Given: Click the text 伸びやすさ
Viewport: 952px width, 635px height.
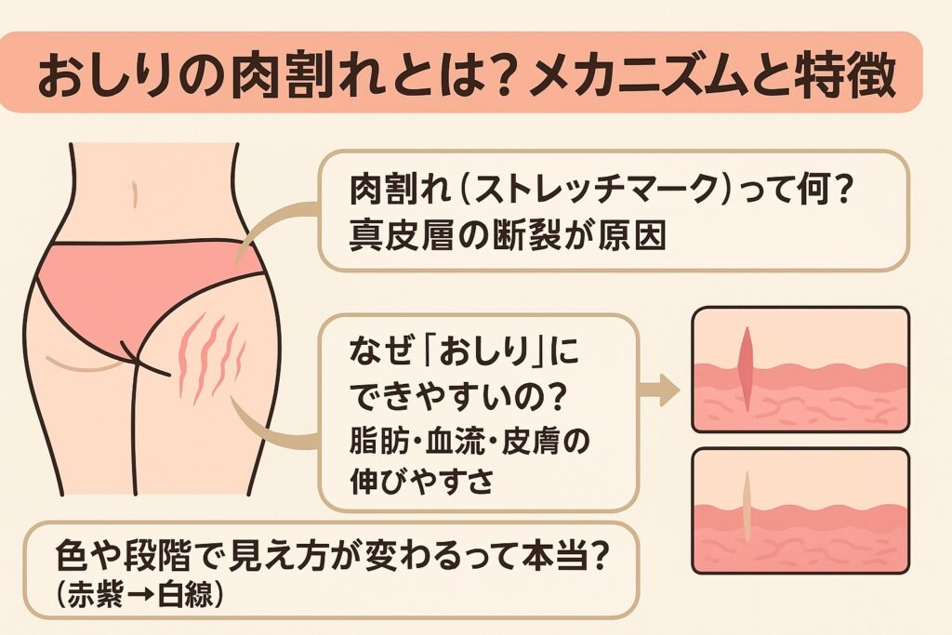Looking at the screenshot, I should click(x=410, y=479).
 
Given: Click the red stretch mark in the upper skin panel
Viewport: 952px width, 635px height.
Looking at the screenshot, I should click(x=747, y=366).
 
